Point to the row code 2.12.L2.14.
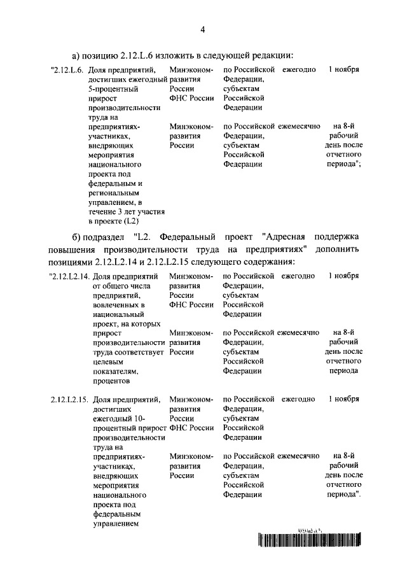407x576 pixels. (x=69, y=276)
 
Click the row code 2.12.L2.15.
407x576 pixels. (x=69, y=399)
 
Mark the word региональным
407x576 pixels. (x=114, y=192)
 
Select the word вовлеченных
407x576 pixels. (x=114, y=306)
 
